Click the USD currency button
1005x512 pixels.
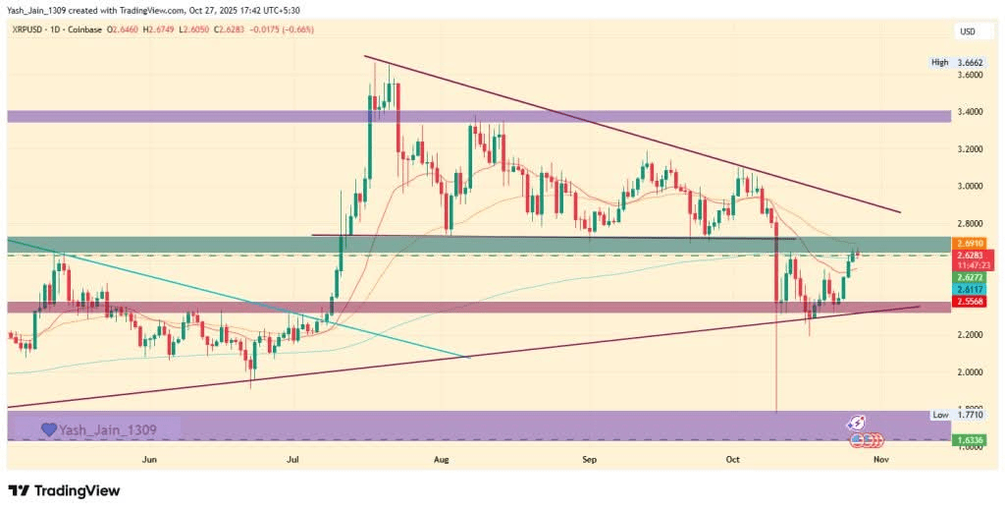coord(967,31)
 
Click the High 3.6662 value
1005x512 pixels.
coord(969,63)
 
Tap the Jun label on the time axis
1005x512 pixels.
coord(149,459)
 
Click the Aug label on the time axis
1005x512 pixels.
coord(441,459)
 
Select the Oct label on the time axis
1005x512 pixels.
coord(733,459)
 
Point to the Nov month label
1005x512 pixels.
coord(880,459)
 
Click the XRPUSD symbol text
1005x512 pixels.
coord(30,31)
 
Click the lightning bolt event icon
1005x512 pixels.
coord(858,423)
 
